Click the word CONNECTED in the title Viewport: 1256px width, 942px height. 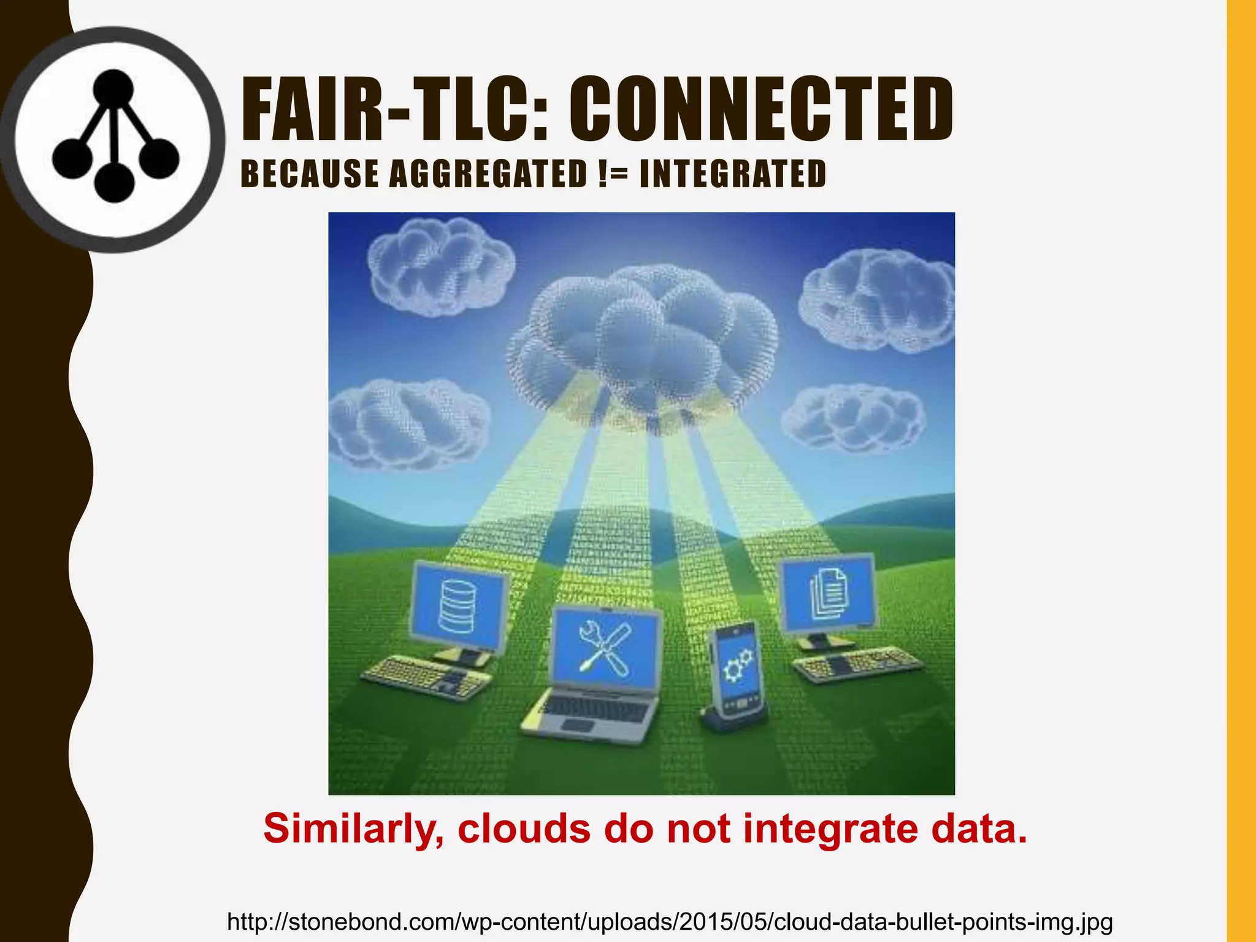click(x=761, y=110)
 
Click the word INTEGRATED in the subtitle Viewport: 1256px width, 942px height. click(x=732, y=174)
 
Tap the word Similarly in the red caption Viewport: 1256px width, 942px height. click(x=353, y=829)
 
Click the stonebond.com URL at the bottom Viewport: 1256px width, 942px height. click(x=670, y=922)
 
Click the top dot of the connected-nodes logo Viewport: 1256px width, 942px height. click(x=113, y=87)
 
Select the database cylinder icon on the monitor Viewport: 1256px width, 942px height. click(x=458, y=607)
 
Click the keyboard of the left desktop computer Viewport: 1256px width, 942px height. click(x=427, y=678)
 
